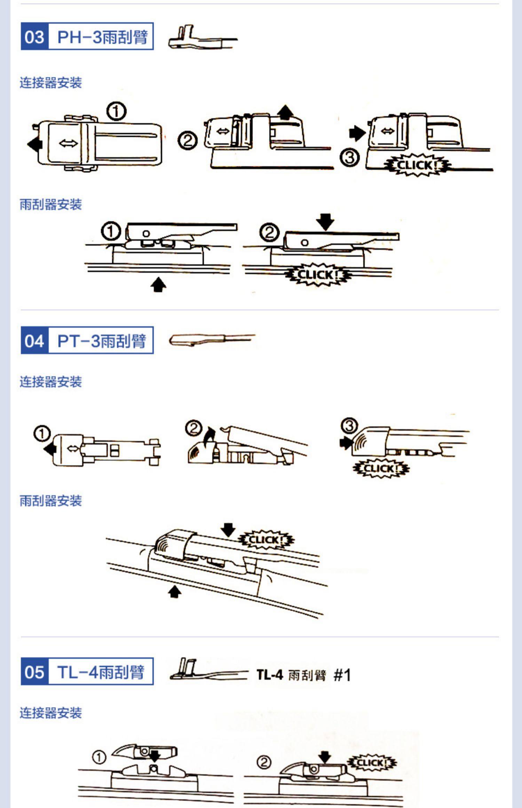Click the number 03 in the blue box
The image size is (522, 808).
34,37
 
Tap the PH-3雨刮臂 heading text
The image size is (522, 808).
102,37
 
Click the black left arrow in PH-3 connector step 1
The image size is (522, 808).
35,143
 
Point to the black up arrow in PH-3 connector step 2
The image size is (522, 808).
286,112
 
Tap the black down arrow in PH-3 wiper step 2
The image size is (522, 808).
325,221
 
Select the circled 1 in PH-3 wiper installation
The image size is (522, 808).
111,231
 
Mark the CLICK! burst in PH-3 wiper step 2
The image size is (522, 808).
318,275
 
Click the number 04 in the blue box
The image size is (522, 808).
34,341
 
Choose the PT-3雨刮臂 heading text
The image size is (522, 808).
101,341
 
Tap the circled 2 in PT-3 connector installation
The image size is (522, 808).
194,428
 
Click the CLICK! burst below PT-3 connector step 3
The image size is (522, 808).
381,468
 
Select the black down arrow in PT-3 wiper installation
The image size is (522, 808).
228,529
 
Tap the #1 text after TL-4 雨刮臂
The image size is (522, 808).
342,675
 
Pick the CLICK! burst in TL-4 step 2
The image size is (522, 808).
372,763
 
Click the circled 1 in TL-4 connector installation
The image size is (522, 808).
99,757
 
